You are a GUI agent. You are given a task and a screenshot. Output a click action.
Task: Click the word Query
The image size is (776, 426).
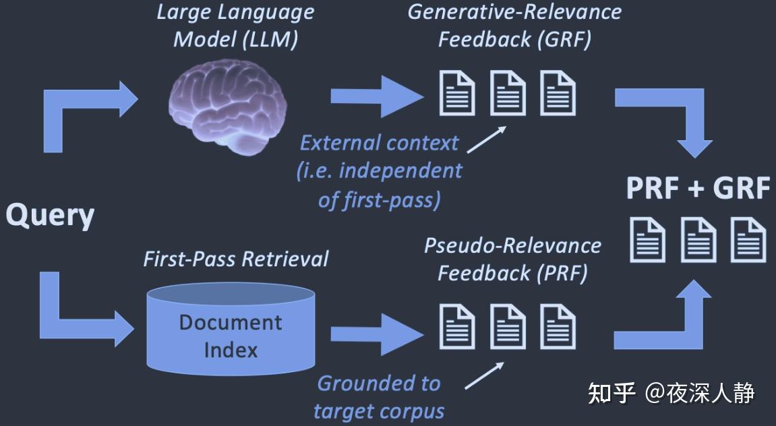tap(50, 216)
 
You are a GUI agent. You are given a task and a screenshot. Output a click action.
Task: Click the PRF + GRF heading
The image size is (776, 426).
tap(697, 188)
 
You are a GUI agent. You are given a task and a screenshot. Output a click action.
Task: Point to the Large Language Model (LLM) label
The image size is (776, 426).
tap(235, 26)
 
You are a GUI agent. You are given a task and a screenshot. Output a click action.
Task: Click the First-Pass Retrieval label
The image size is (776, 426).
tap(235, 259)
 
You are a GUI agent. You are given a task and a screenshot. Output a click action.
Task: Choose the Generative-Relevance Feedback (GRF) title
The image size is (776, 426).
tap(514, 26)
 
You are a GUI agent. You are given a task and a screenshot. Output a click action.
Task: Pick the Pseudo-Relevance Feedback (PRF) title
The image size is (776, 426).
tap(512, 259)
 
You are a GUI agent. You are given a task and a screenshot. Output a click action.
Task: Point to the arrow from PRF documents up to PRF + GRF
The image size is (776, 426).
tap(674, 317)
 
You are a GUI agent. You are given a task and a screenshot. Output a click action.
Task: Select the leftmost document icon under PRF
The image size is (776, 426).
tap(458, 327)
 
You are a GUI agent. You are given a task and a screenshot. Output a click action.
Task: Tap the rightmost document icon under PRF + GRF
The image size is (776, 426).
tap(748, 240)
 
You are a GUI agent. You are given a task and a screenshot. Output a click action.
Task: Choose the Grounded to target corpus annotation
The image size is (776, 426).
tap(379, 397)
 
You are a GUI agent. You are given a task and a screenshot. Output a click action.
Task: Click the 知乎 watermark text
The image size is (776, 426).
tap(611, 392)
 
